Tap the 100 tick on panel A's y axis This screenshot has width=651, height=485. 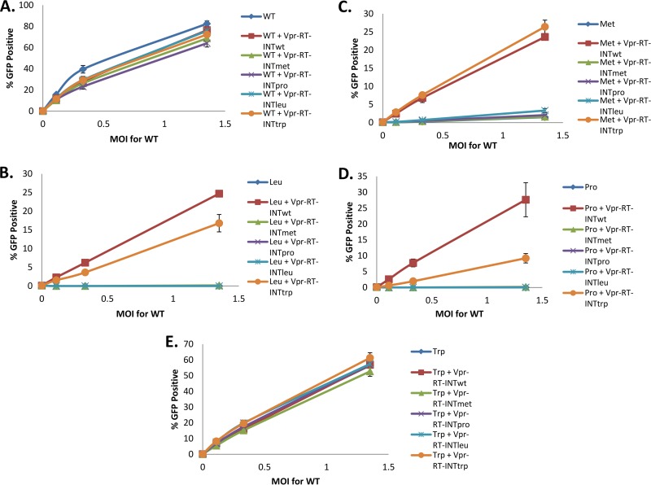pyautogui.click(x=28, y=7)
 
